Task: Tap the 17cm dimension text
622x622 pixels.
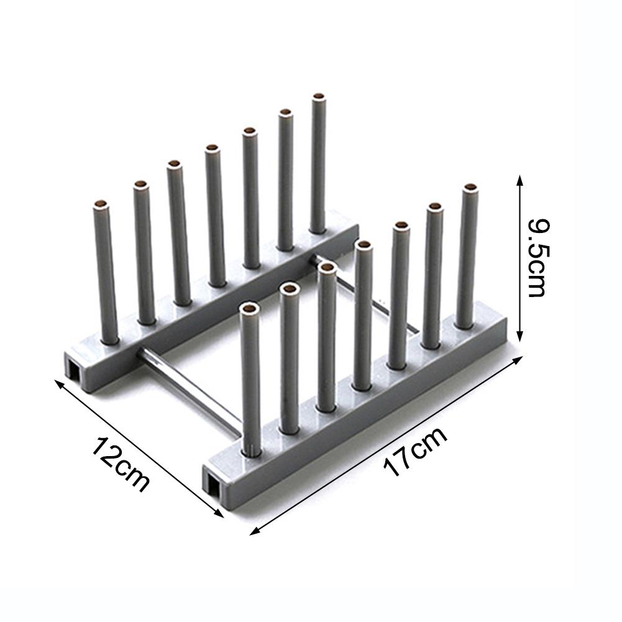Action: (x=415, y=452)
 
